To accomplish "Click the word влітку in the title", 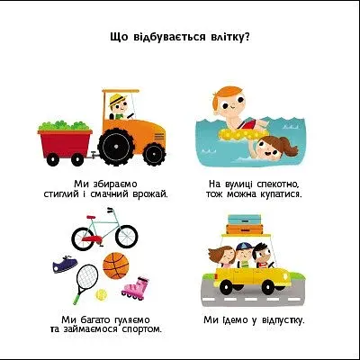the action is (229, 38).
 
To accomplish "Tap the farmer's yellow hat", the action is (117, 99).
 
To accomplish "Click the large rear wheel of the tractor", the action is (116, 146).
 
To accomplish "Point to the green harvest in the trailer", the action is (65, 125).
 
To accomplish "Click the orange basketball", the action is (116, 265).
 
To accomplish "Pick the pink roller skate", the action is (136, 288).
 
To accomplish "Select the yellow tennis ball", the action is (102, 294).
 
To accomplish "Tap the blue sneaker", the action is (65, 264).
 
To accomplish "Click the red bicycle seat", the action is (91, 217).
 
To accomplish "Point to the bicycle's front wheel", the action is (126, 236).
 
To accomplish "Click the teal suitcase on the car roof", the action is (245, 220).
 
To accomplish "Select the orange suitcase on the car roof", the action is (245, 229).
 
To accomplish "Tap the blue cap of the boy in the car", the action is (244, 247).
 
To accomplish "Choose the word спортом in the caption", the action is (141, 329).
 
